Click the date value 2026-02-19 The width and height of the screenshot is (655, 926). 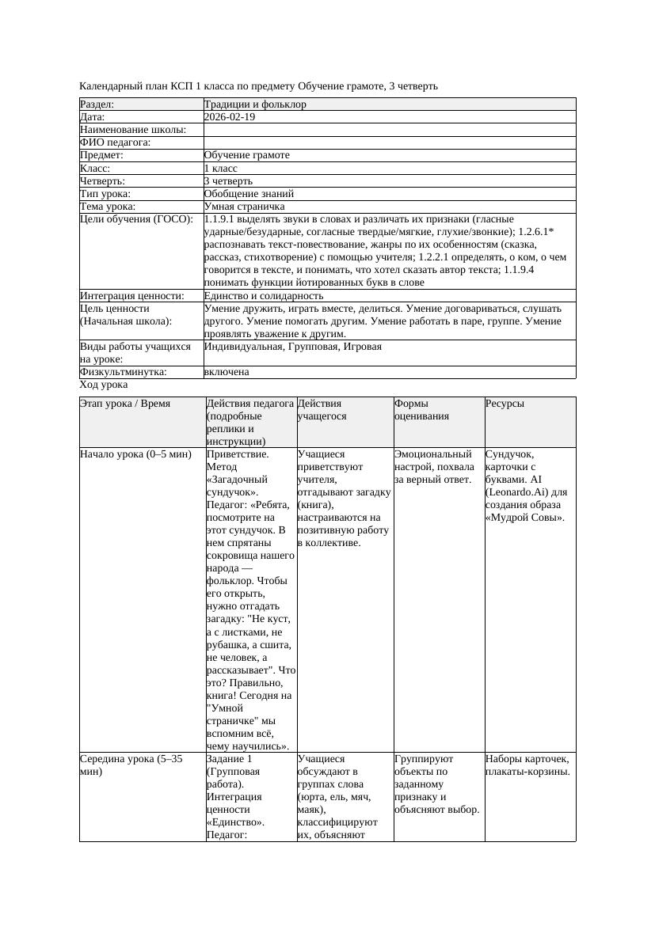230,117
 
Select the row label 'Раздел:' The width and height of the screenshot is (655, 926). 97,104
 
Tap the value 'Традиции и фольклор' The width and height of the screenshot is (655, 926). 255,104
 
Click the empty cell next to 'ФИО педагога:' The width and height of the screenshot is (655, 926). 389,142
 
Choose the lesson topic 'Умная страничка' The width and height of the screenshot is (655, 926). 241,206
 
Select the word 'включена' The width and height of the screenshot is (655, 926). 227,372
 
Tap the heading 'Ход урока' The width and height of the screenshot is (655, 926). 104,385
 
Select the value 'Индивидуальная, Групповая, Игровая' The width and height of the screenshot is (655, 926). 293,347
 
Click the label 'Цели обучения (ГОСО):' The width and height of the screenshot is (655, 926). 136,219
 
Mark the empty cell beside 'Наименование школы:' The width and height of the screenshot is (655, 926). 389,130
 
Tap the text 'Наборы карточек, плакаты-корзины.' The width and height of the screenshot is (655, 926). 527,765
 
